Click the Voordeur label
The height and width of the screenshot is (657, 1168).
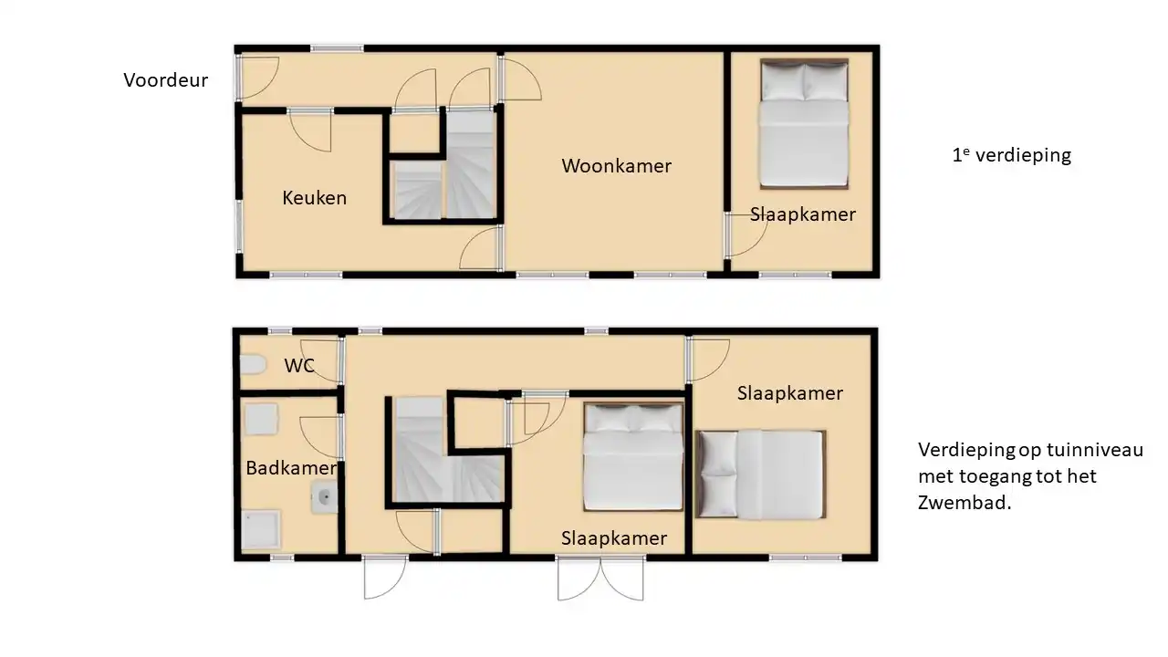166,79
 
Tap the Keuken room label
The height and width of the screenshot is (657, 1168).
315,198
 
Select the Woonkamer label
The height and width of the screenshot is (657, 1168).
616,166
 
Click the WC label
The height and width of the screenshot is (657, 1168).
299,366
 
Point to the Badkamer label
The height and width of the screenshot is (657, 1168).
291,468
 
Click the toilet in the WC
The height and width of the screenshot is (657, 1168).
253,364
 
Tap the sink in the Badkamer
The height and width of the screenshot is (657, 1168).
324,497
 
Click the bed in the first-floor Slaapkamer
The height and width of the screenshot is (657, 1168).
804,123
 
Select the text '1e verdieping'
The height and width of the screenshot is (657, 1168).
1012,155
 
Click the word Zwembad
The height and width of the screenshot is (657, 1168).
965,503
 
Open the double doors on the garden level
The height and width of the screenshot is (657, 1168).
600,579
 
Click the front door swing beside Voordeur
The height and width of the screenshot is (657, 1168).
259,78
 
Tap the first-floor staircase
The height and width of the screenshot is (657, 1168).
444,166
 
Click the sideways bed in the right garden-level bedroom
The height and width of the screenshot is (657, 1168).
761,474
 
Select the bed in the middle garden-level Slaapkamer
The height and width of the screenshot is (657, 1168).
633,457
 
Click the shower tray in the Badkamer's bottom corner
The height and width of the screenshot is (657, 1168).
260,529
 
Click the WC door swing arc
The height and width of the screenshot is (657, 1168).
319,361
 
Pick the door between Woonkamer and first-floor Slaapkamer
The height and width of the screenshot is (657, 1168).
746,235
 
